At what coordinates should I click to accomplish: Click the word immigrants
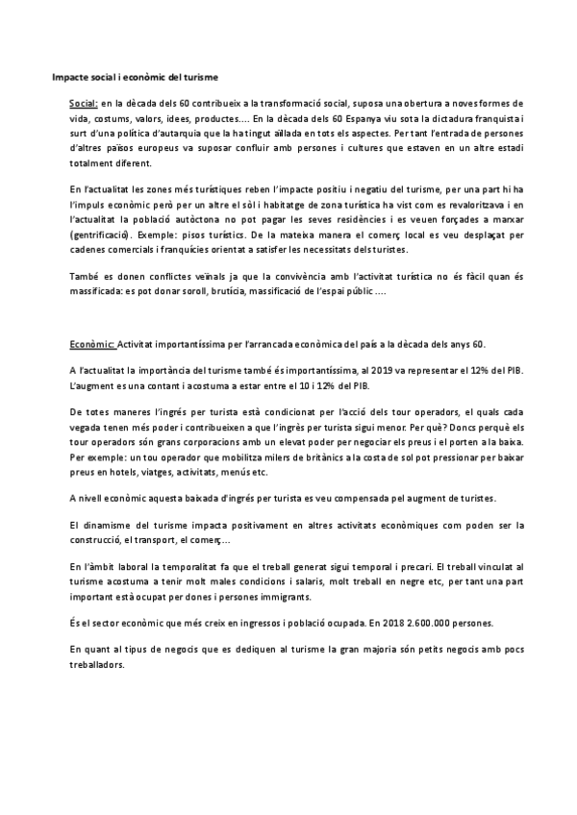click(x=266, y=597)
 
